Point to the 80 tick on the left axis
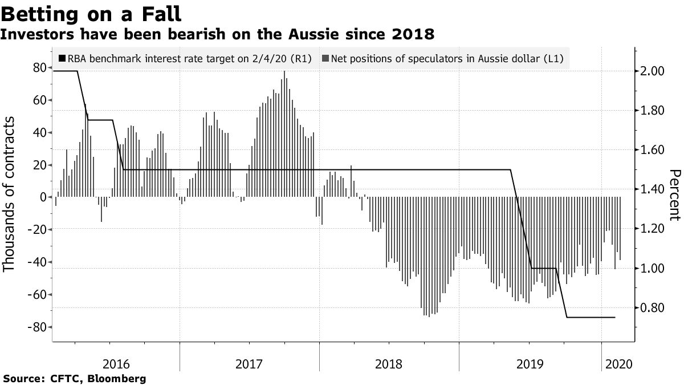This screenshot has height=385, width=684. pos(39,68)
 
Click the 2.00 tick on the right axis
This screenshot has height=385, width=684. pos(652,71)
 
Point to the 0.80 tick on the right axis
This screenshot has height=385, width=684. pos(652,308)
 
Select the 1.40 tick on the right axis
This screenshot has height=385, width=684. pos(652,189)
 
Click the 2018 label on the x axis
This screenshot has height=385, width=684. pos(389,364)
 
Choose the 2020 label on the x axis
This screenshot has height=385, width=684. pos(618,364)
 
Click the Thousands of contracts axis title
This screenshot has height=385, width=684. pos(10,194)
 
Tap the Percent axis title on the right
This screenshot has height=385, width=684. pos(674,194)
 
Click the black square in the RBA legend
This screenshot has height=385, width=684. pos(62,59)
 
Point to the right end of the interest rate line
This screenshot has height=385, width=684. pos(615,317)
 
